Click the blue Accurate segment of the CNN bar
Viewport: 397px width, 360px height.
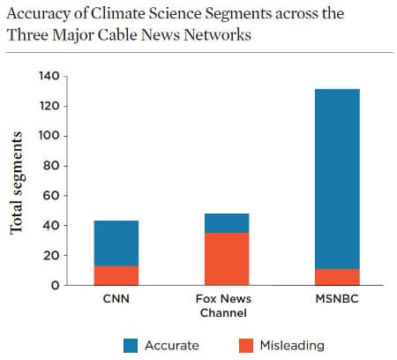click(116, 243)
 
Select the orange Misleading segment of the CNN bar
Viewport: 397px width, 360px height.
click(116, 275)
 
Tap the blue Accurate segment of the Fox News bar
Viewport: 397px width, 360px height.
click(228, 222)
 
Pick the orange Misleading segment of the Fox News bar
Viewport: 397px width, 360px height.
click(228, 259)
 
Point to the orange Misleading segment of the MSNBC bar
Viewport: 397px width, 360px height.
click(338, 277)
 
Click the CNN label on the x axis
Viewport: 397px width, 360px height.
click(116, 298)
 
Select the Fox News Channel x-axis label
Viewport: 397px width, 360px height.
click(228, 304)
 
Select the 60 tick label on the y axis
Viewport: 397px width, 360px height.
click(51, 196)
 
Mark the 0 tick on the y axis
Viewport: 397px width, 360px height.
click(55, 285)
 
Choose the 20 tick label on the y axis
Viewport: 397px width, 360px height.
click(51, 255)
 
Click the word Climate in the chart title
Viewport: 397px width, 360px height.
click(109, 15)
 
